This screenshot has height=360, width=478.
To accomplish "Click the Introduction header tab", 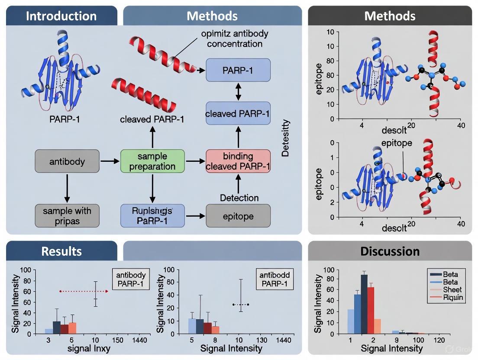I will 61,16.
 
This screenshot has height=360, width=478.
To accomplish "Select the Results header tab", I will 61,251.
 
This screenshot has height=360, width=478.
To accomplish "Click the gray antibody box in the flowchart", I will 67,161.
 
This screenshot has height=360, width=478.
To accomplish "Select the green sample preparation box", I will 152,161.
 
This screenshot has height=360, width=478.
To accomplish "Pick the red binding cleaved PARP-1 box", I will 238,161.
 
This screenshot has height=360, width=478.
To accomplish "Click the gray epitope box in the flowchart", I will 238,215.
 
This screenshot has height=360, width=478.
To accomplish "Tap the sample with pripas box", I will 67,215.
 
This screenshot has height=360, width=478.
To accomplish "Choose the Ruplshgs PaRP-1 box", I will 152,215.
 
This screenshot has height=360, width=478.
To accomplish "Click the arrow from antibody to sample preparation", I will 110,161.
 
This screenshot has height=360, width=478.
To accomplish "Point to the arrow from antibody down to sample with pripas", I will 67,188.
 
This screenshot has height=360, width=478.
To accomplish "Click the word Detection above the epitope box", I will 239,198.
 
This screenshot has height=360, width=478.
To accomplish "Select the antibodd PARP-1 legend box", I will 274,279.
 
